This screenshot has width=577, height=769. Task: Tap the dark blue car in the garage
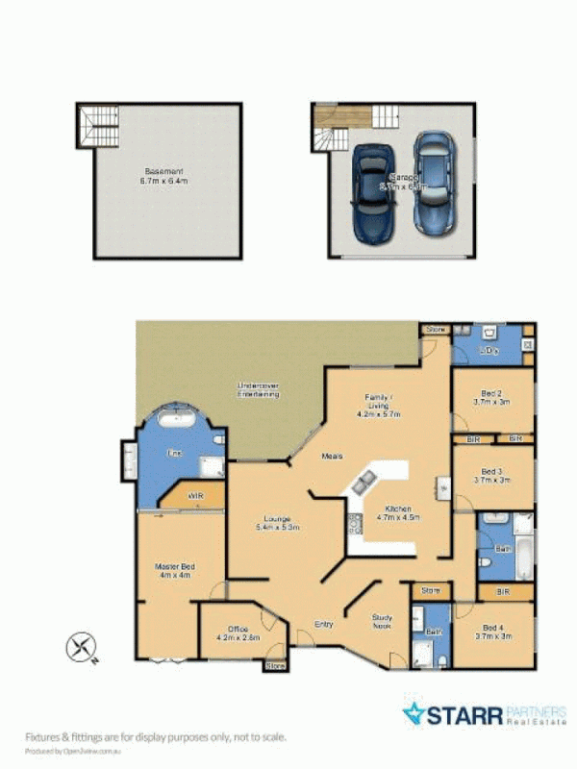371,193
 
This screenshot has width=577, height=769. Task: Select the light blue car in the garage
433,183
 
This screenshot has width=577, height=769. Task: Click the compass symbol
82,647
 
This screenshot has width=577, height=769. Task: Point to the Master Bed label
175,571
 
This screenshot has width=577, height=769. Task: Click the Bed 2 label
490,397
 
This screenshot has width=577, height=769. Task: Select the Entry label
324,625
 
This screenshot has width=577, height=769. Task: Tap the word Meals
332,456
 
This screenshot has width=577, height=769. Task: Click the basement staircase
98,126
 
